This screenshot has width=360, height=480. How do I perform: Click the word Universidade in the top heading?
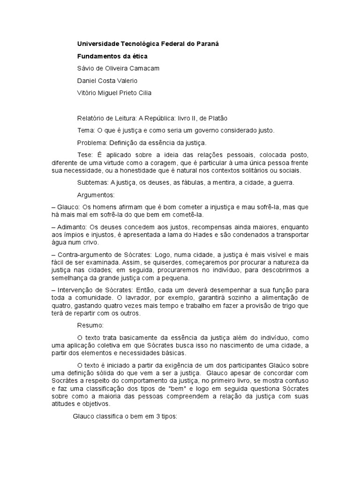[97, 44]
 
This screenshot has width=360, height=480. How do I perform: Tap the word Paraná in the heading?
[207, 44]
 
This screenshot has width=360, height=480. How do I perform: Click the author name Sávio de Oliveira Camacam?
[118, 68]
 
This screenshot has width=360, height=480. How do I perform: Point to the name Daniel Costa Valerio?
[107, 80]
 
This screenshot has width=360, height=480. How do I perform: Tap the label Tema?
[86, 130]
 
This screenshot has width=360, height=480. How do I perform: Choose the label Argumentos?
[95, 195]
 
